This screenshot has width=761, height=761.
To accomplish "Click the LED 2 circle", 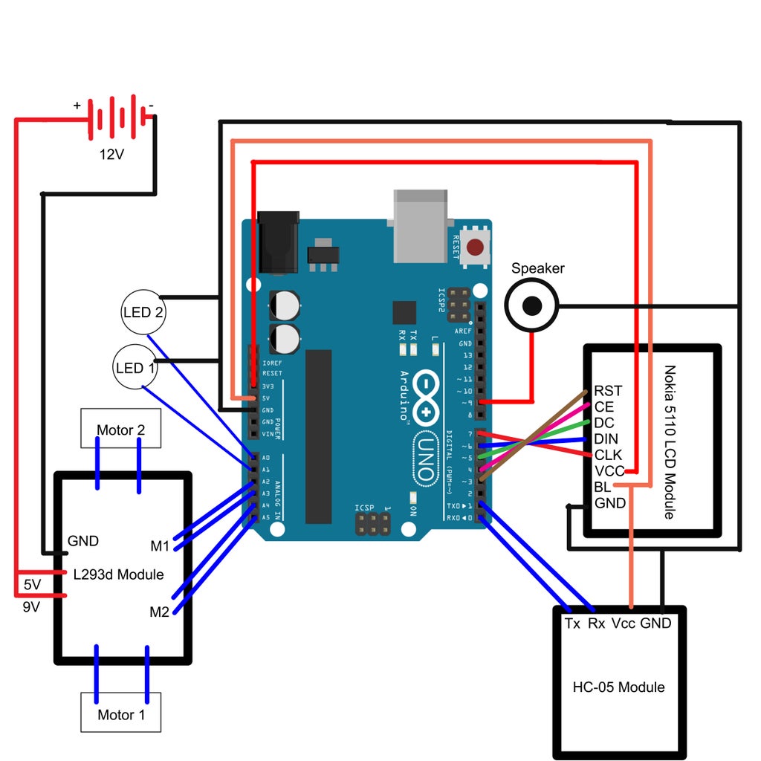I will [143, 313].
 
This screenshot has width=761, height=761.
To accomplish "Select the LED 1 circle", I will [136, 367].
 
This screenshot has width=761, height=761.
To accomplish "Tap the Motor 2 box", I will [120, 430].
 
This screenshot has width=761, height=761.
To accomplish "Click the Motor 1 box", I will [120, 714].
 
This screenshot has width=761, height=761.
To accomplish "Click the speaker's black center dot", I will [532, 305].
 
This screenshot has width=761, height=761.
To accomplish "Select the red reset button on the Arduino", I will [476, 245].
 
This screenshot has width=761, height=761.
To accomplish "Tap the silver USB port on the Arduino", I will [421, 225].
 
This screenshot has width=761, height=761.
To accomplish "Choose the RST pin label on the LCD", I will [608, 391].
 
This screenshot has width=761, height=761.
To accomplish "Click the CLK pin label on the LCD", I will [609, 455].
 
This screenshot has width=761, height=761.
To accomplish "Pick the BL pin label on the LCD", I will [602, 488].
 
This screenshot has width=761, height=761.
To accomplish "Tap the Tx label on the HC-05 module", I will [572, 624].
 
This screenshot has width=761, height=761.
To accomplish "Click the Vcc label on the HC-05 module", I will [623, 624].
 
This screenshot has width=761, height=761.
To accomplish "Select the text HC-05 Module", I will [618, 687].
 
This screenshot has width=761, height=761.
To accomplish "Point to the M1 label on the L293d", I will [160, 546].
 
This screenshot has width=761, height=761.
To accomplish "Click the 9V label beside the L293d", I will [31, 606].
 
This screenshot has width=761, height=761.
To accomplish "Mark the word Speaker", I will [538, 268].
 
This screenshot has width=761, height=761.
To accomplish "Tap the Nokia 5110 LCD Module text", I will [670, 441].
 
